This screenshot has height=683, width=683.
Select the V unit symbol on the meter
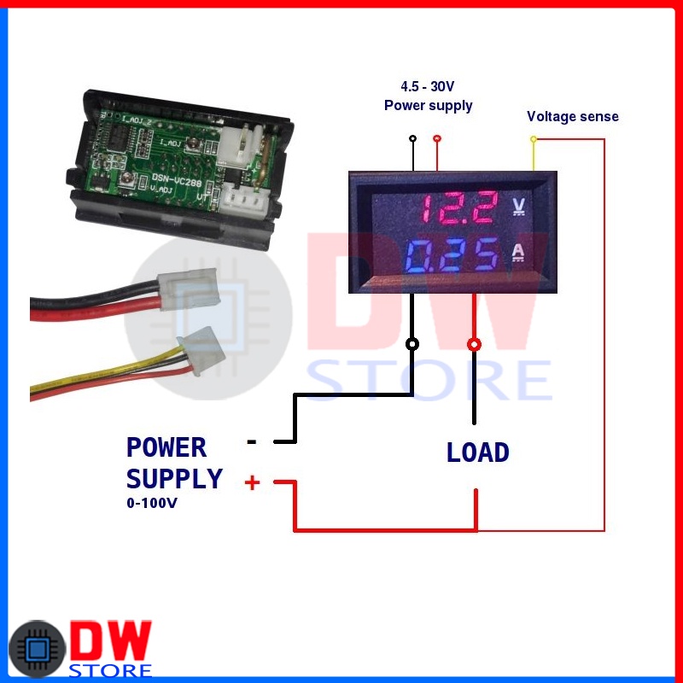519,206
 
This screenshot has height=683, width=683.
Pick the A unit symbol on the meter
518,253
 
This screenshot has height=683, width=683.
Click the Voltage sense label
572,116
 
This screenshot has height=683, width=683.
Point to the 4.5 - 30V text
428,87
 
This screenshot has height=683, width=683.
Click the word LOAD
477,452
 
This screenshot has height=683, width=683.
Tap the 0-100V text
152,504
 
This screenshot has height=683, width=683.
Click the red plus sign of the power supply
252,483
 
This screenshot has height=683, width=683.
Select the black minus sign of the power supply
252,441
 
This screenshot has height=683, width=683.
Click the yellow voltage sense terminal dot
534,138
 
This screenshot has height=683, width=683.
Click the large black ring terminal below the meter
413,344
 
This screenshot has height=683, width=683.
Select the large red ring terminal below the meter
474,344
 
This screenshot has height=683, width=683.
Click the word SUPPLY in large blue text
174,478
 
